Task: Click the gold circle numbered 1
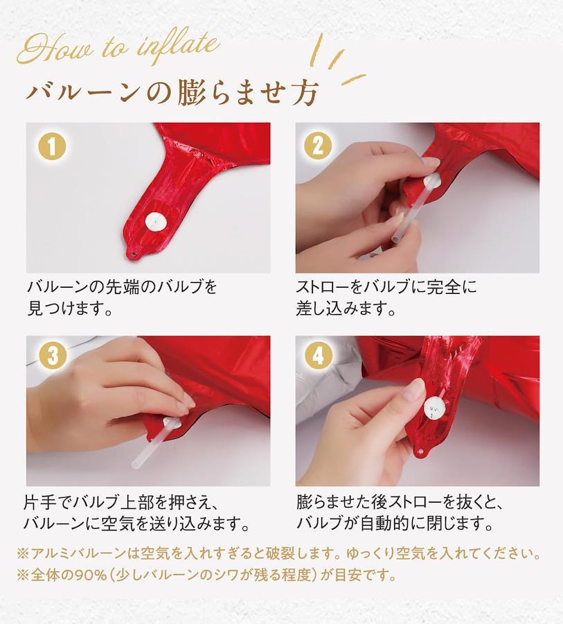52,146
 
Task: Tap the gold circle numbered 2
318,146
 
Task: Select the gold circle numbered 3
53,355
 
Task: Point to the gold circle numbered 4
318,355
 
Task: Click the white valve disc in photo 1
155,222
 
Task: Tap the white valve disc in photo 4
433,408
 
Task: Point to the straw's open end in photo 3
136,464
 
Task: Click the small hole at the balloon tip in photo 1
133,253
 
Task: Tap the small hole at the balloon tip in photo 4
420,453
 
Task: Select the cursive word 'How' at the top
55,49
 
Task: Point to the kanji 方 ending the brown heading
305,93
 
